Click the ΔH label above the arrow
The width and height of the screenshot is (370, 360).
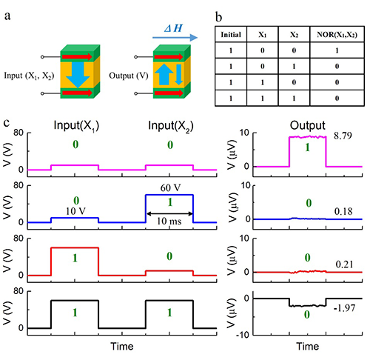[x=174, y=28]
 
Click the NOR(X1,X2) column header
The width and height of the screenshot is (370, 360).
[x=337, y=34]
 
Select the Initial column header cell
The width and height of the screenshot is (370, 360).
[x=231, y=34]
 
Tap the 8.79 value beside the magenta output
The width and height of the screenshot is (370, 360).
[x=343, y=136]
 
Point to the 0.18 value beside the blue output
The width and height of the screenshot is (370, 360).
[x=343, y=211]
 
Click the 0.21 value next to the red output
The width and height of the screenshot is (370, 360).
[x=344, y=264]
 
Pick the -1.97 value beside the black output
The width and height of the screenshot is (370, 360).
[x=345, y=308]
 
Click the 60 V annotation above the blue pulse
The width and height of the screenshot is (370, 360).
[x=170, y=188]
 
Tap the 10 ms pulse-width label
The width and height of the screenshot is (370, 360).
[x=169, y=221]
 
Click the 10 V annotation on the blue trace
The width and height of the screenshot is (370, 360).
[x=75, y=211]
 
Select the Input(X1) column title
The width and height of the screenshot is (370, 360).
[x=76, y=126]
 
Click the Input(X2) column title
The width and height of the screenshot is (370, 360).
[x=171, y=126]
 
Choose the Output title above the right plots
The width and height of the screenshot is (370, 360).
[x=307, y=125]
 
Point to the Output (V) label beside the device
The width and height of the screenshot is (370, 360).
[x=129, y=76]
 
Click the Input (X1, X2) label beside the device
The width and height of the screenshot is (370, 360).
[x=29, y=76]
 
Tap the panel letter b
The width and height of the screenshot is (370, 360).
[x=218, y=17]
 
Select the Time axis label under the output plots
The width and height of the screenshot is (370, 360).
[x=307, y=346]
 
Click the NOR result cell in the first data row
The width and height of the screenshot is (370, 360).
[x=337, y=50]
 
